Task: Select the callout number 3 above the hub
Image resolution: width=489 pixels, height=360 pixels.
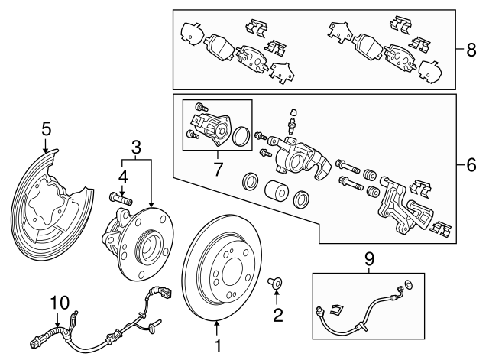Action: pos(136,144)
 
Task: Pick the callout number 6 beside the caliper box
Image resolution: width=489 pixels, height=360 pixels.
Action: pos(471,164)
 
